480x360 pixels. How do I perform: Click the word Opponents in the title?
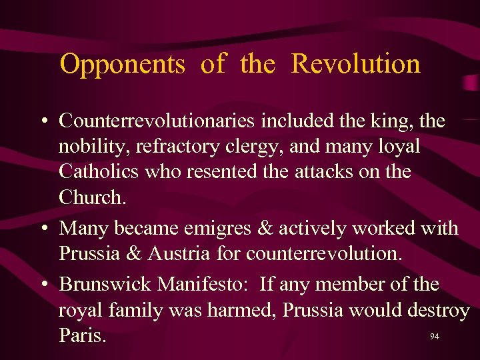122,65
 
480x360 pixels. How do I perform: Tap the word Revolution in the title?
356,65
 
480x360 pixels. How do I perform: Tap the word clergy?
247,147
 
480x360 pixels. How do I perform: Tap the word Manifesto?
203,285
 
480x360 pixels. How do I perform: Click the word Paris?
82,335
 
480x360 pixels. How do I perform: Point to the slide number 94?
434,337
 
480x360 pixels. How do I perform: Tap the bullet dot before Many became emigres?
43,229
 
